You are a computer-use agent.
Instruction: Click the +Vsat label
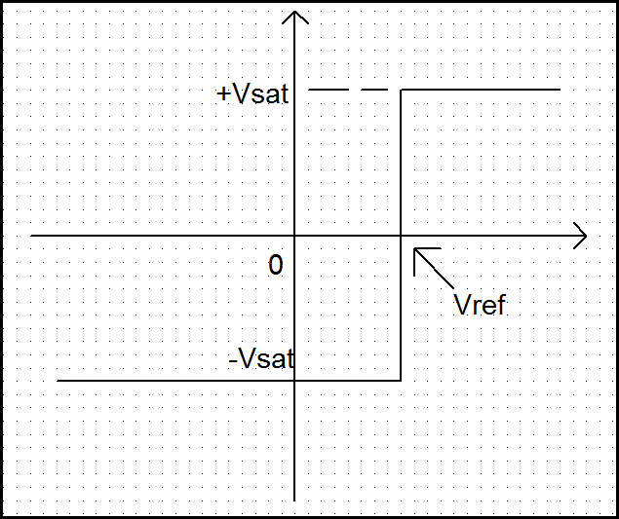253,94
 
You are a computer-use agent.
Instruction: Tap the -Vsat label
261,358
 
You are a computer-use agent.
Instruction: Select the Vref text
480,305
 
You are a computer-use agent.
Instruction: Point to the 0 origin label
276,265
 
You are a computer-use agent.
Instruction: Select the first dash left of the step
328,90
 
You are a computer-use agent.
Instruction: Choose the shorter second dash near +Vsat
368,90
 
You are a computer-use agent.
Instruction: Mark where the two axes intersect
295,236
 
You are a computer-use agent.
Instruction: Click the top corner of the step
402,90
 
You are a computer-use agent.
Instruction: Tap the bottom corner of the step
402,380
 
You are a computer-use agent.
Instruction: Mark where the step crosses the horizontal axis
402,236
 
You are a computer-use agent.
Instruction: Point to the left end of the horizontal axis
31,236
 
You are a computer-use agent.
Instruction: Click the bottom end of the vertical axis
295,500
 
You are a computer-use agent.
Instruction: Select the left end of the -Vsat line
58,380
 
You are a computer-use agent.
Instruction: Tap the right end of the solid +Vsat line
560,90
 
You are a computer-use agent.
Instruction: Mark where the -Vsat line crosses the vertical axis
295,380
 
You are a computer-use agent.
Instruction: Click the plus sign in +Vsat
224,95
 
